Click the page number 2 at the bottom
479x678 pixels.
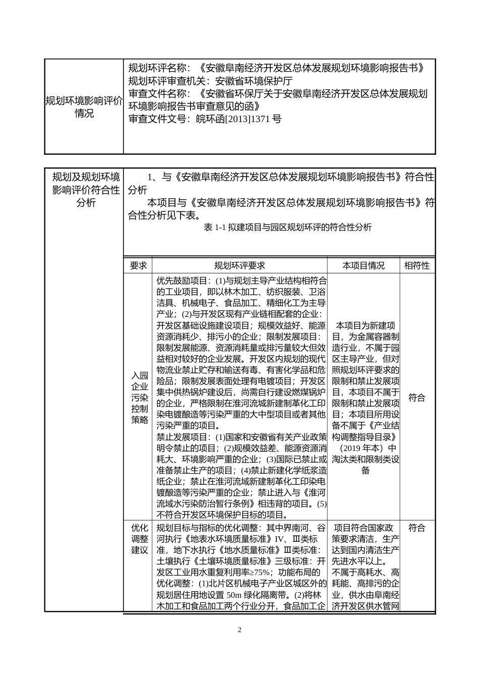pos(239,630)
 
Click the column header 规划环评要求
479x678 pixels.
pos(239,266)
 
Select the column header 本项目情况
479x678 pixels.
pos(364,266)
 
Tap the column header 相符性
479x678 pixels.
pos(417,266)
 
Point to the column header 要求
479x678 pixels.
pos(138,266)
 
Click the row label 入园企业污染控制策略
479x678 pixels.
pos(140,398)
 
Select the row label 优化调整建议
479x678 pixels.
pos(140,539)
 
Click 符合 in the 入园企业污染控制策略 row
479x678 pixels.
pos(417,398)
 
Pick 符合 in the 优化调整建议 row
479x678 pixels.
pos(417,528)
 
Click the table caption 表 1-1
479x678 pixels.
pos(288,228)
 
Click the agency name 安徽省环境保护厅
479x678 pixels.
pos(254,81)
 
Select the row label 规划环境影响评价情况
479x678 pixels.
pos(84,107)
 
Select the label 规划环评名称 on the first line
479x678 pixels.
pos(158,68)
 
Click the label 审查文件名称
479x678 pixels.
pos(158,94)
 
